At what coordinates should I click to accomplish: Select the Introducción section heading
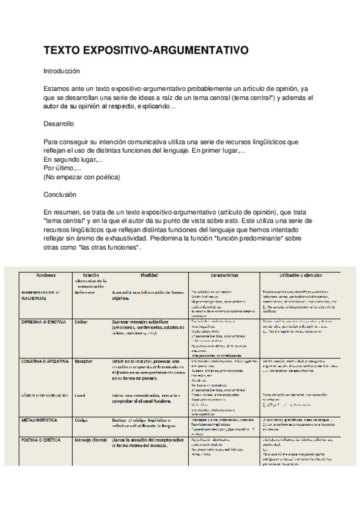click(62, 70)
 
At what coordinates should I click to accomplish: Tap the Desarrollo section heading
click(59, 124)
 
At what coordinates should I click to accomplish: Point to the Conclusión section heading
click(60, 195)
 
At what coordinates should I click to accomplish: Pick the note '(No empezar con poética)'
click(82, 177)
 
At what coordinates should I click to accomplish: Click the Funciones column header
click(46, 274)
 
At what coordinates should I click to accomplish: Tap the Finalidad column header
click(150, 274)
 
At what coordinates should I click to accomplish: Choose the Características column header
click(224, 274)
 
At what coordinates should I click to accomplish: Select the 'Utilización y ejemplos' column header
click(306, 274)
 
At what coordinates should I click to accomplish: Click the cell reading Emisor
click(81, 322)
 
